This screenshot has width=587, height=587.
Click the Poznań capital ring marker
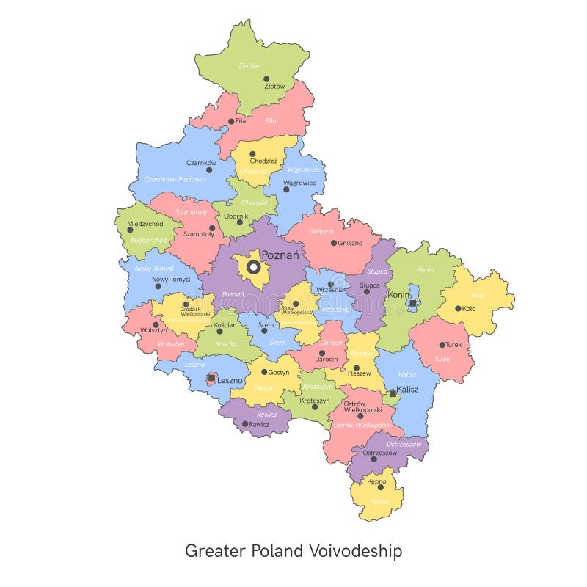(x=253, y=268)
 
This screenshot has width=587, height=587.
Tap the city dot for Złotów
(x=266, y=79)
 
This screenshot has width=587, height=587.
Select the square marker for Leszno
(x=211, y=378)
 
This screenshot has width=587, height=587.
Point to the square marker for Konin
(x=412, y=302)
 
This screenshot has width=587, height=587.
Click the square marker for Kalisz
(x=393, y=393)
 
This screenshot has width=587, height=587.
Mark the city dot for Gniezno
(x=333, y=243)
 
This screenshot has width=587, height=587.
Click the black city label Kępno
(x=376, y=481)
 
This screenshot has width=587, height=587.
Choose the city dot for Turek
(x=442, y=345)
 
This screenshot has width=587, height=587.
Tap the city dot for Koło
(x=458, y=309)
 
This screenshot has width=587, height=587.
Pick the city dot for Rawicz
(x=245, y=424)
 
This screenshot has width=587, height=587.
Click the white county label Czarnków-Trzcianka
(x=175, y=179)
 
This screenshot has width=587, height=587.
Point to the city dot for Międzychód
(x=130, y=230)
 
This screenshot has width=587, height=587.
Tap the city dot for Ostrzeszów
(x=373, y=459)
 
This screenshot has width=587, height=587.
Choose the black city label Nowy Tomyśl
(x=171, y=280)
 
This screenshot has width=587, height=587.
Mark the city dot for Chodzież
(x=252, y=154)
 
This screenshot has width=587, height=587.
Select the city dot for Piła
(x=231, y=122)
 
